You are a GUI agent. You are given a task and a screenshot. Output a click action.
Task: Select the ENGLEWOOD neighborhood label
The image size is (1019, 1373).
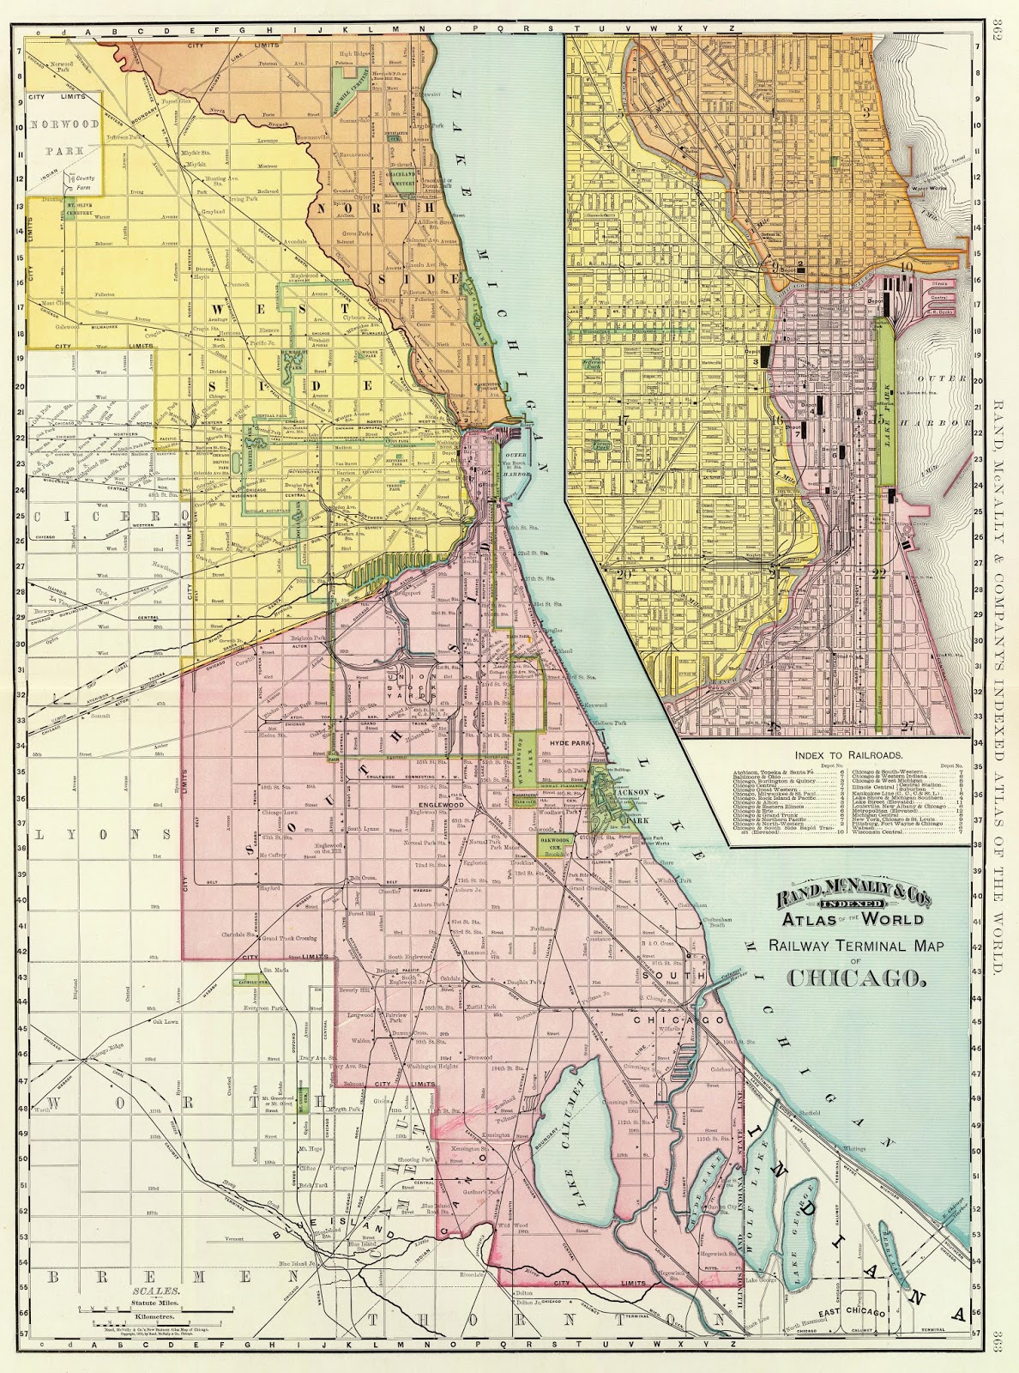pos(440,806)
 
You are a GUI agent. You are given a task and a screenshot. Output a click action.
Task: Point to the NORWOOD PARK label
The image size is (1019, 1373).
pos(57,136)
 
